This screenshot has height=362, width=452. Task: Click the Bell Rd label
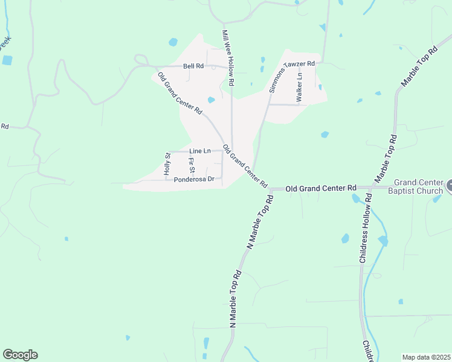click(194, 66)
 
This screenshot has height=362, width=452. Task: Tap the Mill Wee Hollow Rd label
click(227, 57)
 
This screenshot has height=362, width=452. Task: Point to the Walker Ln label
click(299, 86)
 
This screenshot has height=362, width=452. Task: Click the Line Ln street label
click(199, 151)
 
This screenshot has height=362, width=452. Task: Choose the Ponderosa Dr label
click(194, 180)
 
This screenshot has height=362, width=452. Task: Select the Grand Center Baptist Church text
click(423, 186)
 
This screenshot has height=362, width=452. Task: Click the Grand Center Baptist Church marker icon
click(449, 186)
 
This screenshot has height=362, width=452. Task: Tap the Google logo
click(20, 355)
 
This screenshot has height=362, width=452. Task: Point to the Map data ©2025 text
click(426, 357)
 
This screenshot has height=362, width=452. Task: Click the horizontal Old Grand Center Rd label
click(320, 189)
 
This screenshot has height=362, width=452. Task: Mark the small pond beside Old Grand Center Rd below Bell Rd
click(211, 100)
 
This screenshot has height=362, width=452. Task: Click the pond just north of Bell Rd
click(173, 42)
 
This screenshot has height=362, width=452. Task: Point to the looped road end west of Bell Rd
click(141, 60)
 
